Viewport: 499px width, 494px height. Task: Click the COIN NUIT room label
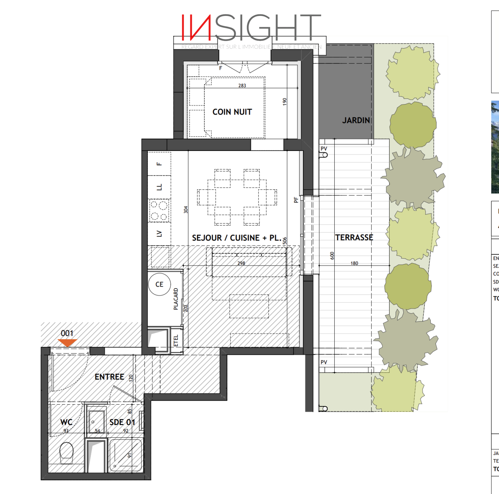(x=232, y=112)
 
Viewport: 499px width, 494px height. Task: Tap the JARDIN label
(x=356, y=120)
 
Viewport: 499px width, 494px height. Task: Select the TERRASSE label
(x=354, y=238)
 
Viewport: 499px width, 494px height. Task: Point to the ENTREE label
(x=109, y=377)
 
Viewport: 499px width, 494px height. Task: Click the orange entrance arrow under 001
(x=67, y=342)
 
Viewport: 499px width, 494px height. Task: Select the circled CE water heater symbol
(x=159, y=284)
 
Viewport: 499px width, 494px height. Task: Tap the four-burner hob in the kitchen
(x=159, y=211)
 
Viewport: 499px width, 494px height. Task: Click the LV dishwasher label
(x=159, y=234)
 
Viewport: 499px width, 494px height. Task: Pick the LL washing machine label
(x=159, y=187)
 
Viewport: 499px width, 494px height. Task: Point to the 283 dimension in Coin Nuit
(x=242, y=85)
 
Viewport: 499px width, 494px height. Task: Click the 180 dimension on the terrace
(x=354, y=263)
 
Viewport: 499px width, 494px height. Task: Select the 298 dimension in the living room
(x=241, y=263)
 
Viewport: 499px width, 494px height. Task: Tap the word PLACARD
(x=176, y=299)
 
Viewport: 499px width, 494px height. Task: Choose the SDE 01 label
(x=122, y=422)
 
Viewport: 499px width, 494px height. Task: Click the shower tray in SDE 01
(x=125, y=455)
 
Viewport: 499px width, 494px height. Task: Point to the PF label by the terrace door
(x=296, y=200)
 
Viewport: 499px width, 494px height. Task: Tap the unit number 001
(x=67, y=333)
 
